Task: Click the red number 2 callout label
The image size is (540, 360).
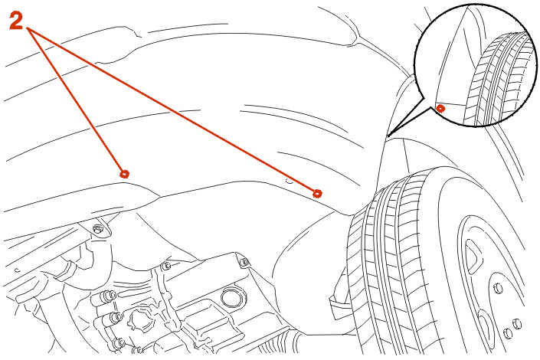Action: click(x=16, y=21)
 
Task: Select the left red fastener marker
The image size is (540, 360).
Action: click(x=125, y=174)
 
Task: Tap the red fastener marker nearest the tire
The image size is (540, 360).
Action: click(x=318, y=194)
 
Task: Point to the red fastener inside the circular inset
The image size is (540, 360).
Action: click(x=440, y=109)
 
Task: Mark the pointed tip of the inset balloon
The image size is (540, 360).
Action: click(x=388, y=136)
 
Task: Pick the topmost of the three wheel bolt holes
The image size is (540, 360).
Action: click(x=499, y=288)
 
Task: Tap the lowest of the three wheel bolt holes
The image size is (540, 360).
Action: click(x=508, y=333)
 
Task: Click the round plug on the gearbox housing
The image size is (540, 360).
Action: click(x=233, y=298)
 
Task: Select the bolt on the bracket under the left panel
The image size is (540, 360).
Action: click(x=99, y=228)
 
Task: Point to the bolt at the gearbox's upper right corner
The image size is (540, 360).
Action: click(x=244, y=262)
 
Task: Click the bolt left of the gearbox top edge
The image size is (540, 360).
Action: click(x=166, y=266)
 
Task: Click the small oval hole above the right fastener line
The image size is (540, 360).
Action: click(x=290, y=182)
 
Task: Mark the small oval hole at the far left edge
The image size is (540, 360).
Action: click(x=17, y=270)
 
